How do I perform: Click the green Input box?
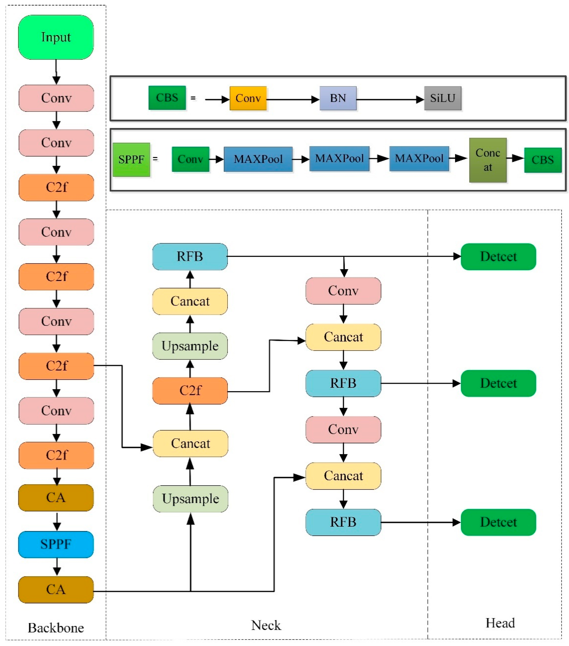tap(56, 37)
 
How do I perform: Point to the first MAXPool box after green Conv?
tap(258, 159)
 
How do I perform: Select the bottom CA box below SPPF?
tap(56, 589)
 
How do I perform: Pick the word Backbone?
tap(56, 628)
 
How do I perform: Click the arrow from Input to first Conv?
tap(56, 72)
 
